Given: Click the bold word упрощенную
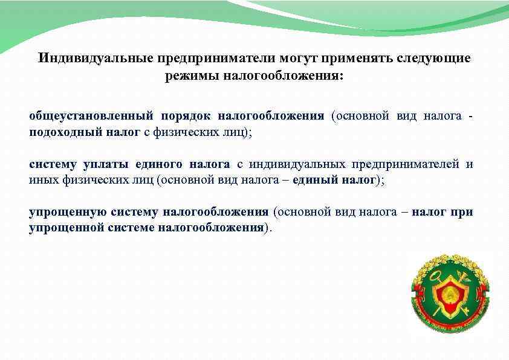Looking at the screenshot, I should click(x=68, y=212).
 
